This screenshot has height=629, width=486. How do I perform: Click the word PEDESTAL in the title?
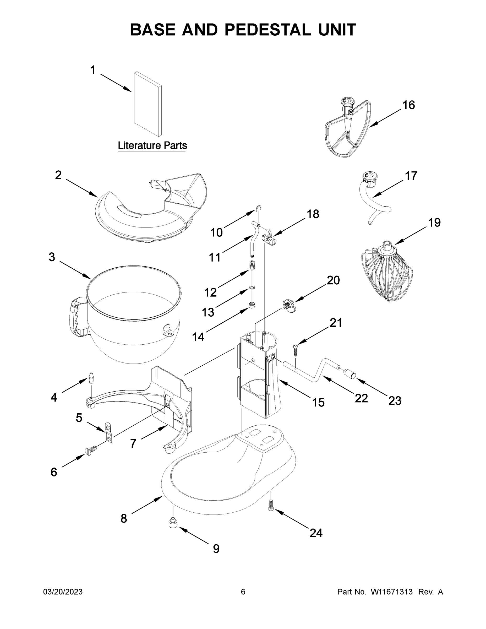click(267, 30)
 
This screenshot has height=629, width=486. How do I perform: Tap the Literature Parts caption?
click(152, 145)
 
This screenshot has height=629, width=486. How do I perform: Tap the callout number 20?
click(333, 280)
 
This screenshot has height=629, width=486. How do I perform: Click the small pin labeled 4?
click(91, 378)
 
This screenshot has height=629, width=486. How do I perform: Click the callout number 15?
click(318, 403)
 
